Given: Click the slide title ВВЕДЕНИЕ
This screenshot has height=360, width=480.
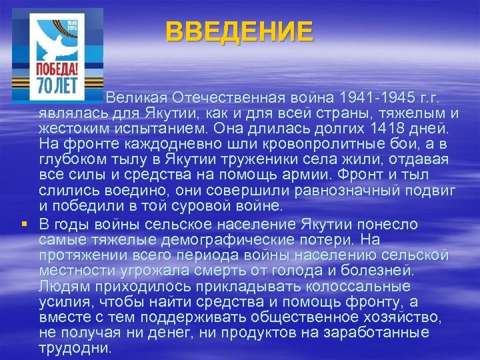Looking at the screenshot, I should (x=239, y=31).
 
